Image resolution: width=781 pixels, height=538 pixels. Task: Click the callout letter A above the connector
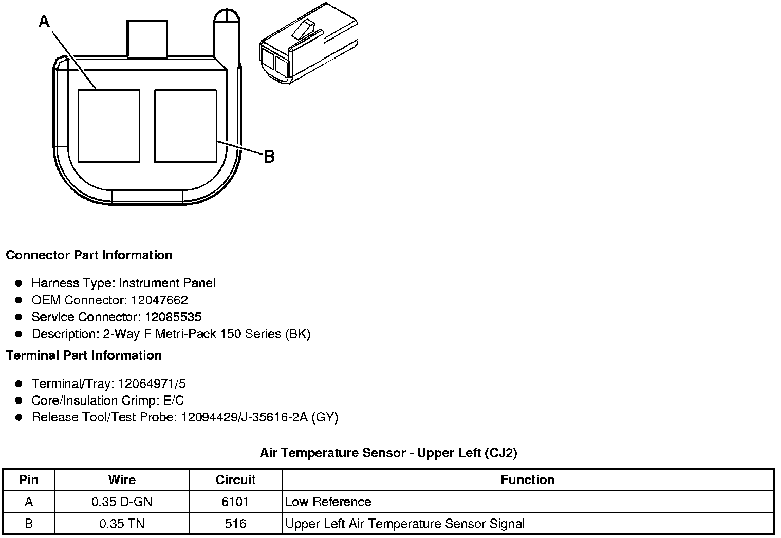[x=44, y=21]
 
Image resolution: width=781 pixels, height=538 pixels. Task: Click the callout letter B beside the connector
[x=270, y=156]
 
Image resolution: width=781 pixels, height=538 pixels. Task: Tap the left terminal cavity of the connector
[x=109, y=126]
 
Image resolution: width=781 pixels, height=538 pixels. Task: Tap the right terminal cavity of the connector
[x=185, y=126]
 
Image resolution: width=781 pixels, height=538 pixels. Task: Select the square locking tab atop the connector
[x=147, y=39]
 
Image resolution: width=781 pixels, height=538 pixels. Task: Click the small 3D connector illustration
[x=309, y=43]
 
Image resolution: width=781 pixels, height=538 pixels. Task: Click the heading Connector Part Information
[x=89, y=255]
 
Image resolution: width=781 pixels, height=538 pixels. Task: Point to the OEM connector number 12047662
[x=159, y=300]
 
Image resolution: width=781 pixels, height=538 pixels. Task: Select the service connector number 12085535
[x=173, y=317]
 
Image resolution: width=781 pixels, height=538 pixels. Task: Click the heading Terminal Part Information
[x=84, y=355]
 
